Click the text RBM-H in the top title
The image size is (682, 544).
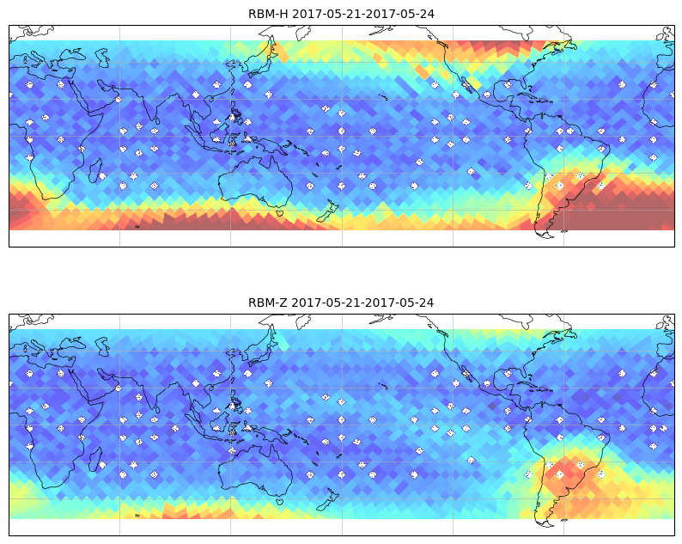(268, 14)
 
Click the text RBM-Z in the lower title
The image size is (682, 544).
(267, 303)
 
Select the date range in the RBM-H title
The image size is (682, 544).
(363, 14)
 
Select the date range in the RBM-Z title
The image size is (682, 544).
(362, 303)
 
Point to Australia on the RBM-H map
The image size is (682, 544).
(256, 184)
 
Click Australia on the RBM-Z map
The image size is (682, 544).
(256, 472)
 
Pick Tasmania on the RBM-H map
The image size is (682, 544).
(280, 213)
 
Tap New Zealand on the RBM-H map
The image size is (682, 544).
(327, 211)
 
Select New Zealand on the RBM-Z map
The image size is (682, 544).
(327, 499)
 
